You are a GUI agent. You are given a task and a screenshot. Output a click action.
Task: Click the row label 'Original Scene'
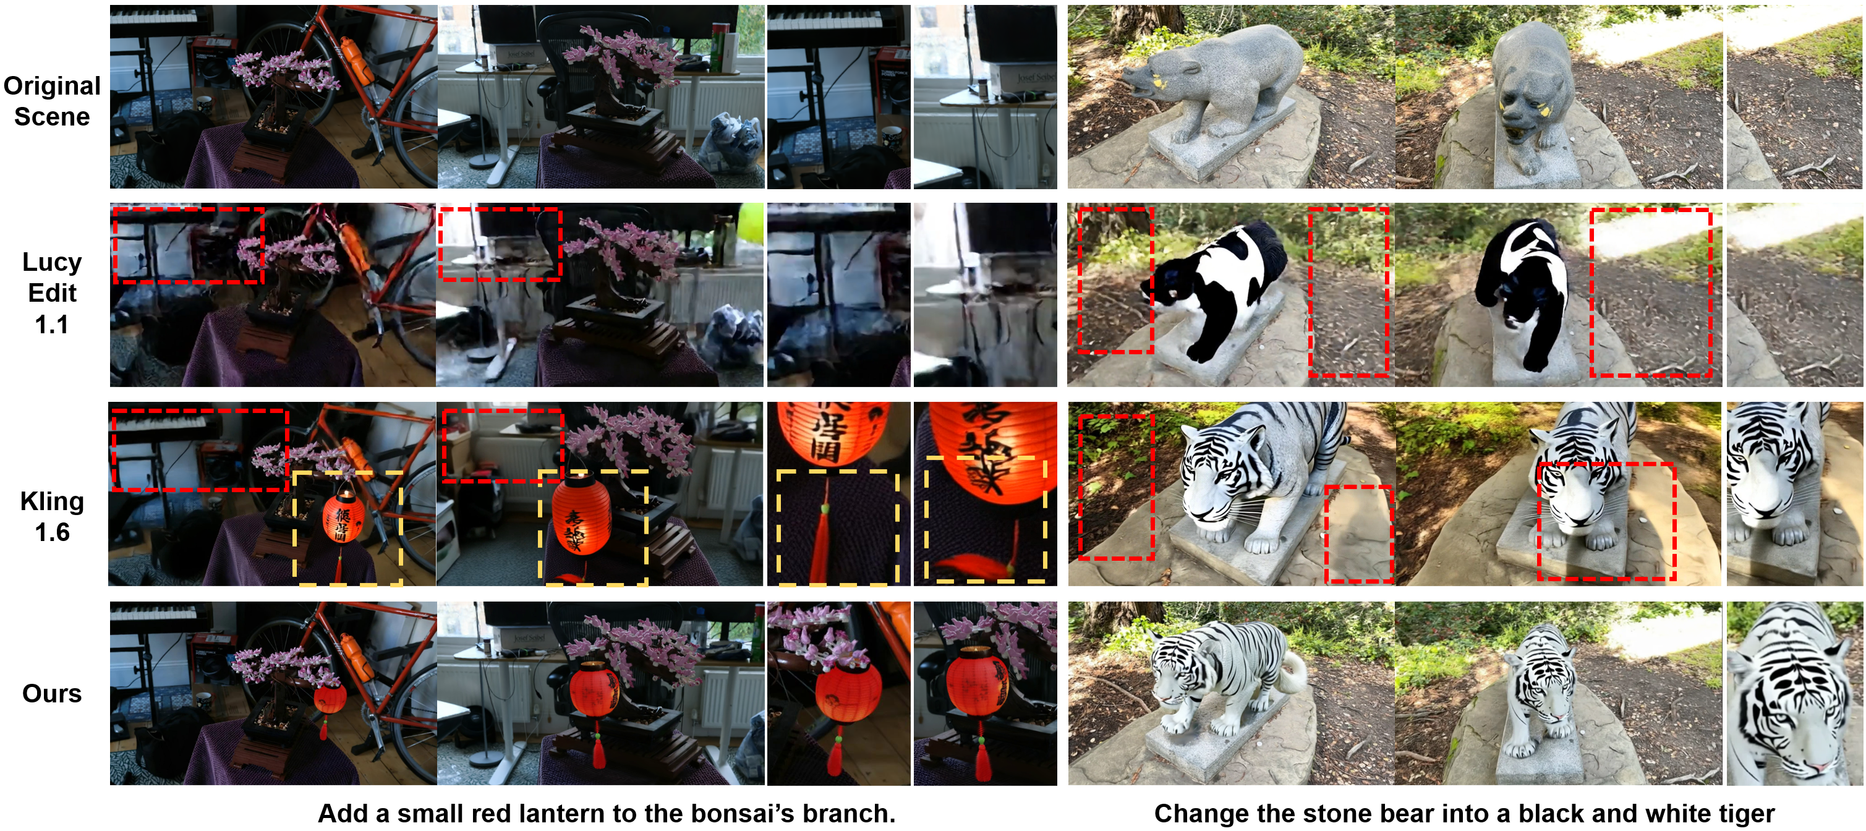(52, 101)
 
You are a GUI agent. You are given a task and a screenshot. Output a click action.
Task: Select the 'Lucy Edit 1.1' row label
(52, 292)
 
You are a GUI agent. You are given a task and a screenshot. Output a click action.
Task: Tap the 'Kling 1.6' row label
(52, 516)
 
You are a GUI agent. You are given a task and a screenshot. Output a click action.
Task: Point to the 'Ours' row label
(52, 693)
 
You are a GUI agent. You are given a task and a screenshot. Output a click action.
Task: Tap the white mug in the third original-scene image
(891, 138)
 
